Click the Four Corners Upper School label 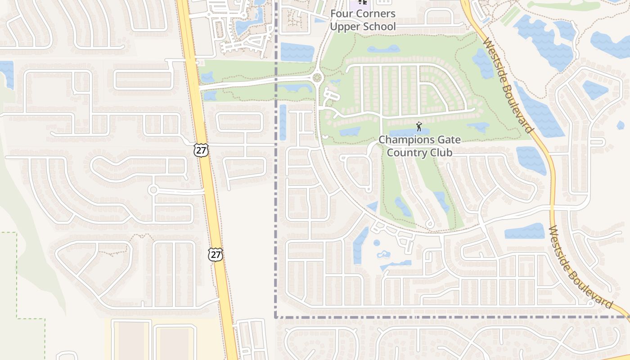[x=363, y=20]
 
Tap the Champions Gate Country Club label [x=419, y=146]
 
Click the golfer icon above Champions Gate [x=419, y=126]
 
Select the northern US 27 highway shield [x=201, y=150]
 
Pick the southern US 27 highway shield [x=216, y=254]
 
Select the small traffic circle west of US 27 [x=153, y=190]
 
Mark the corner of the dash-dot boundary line [x=275, y=317]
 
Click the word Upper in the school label [x=345, y=27]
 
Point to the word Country [x=405, y=153]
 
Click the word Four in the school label [x=341, y=14]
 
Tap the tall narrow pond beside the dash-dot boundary [x=283, y=121]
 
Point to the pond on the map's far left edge [x=7, y=72]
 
